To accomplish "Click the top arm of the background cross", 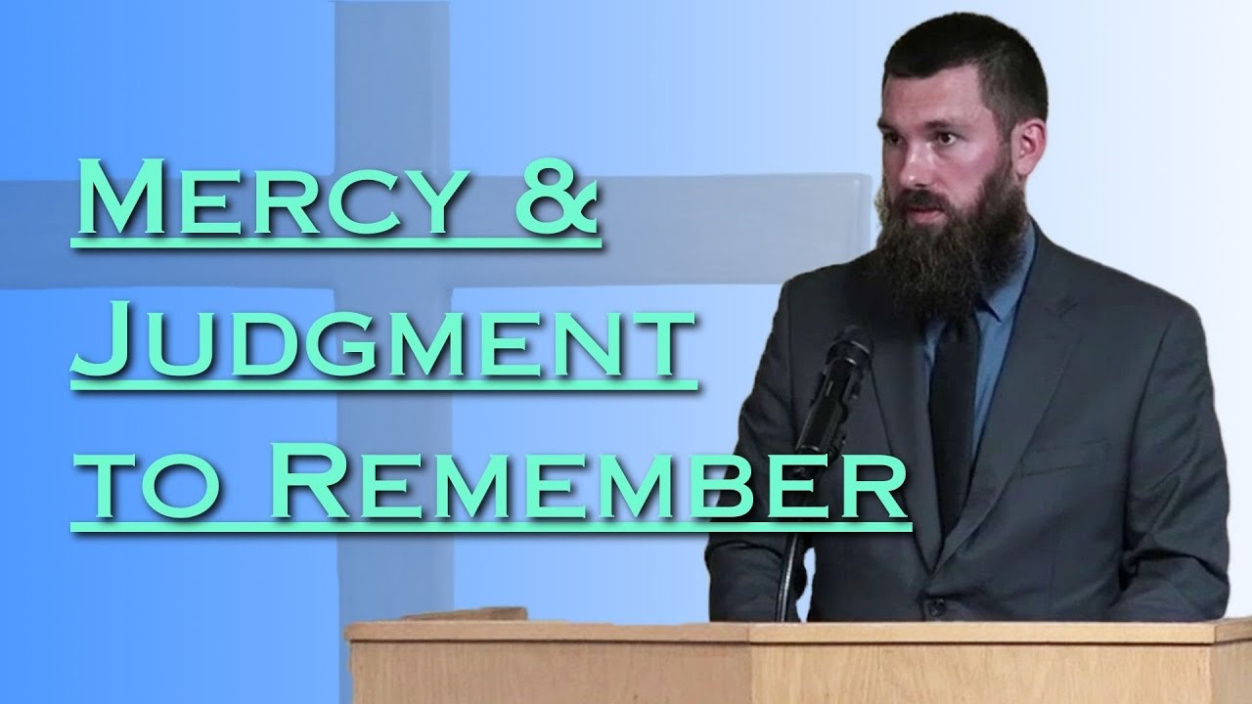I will point(391,78).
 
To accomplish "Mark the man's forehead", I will point(939,98).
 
